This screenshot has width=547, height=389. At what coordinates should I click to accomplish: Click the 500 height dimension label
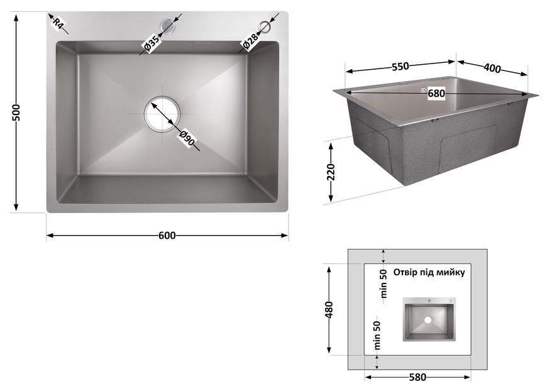[16, 112]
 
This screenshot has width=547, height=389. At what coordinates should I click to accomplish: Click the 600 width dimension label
[167, 236]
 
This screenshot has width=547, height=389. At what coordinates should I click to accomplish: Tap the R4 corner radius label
[58, 24]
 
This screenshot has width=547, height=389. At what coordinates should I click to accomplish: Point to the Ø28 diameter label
[250, 41]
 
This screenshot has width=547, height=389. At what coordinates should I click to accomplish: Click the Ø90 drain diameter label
[187, 138]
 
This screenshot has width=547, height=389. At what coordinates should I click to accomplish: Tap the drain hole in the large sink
[162, 114]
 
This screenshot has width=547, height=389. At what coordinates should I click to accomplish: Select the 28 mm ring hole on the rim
[267, 26]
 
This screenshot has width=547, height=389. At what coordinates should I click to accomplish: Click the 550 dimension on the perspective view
[400, 66]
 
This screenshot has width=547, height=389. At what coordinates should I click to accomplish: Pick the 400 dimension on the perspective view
[492, 68]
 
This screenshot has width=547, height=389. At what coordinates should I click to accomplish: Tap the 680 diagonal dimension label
[436, 94]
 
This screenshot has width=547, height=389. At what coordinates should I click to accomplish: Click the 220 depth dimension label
[331, 172]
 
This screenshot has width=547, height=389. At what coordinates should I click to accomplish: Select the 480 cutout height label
[329, 310]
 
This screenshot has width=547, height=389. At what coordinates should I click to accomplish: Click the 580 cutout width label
[417, 377]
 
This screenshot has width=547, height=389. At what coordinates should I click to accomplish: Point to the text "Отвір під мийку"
[429, 272]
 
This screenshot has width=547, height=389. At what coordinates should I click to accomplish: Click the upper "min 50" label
[384, 283]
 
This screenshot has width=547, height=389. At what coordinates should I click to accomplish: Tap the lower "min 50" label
[377, 336]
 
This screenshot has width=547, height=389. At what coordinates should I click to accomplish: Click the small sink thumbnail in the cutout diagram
[429, 319]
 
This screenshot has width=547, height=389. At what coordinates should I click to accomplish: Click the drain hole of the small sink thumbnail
[428, 320]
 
